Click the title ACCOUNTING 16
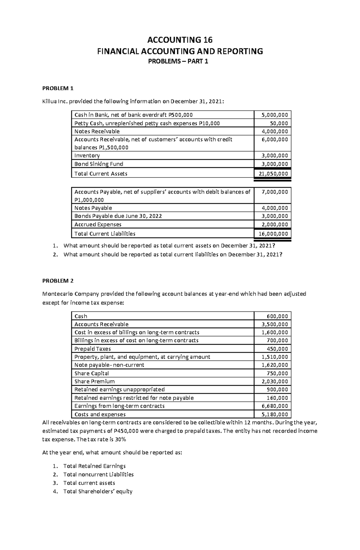(180, 40)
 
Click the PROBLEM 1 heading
(58, 88)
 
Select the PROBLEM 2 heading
(58, 281)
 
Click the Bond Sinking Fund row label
(99, 164)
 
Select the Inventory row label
(87, 156)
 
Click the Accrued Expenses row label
(98, 224)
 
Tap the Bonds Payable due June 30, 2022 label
(118, 216)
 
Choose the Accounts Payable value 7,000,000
(274, 192)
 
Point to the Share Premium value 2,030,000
(274, 382)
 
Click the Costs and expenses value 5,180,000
(274, 415)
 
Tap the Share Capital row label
(91, 373)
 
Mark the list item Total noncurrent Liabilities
(98, 474)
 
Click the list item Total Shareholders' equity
(98, 491)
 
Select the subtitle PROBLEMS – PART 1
(180, 62)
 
